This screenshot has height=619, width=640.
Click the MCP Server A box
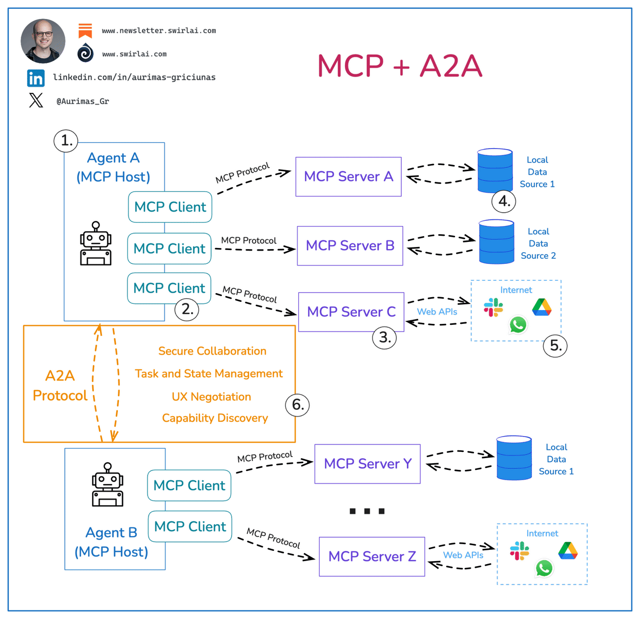pos(348,177)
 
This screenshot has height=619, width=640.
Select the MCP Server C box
pos(351,312)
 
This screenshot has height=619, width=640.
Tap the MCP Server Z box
pos(372,556)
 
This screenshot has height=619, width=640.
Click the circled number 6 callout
pos(297,405)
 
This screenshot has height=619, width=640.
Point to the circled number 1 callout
pos(66,140)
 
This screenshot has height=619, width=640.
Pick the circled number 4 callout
pos(504,201)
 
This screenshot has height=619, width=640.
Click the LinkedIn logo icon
pos(36,78)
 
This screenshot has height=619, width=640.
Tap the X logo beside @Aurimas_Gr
pos(36,100)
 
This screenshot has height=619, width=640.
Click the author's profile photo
pos(43,41)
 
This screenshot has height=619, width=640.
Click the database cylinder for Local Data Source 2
pos(496,242)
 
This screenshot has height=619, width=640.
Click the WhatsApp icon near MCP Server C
pos(518,324)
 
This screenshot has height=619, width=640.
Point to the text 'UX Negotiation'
pos(211,397)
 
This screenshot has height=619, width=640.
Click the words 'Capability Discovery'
pos(215,418)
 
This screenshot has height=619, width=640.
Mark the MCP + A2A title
pos(400,66)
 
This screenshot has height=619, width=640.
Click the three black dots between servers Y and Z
pos(367,511)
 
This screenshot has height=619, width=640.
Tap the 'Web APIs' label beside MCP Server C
pos(437,312)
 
